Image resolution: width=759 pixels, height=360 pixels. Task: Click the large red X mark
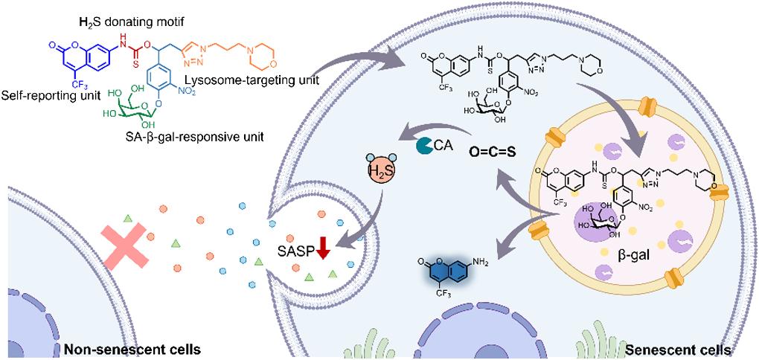click(x=129, y=248)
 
